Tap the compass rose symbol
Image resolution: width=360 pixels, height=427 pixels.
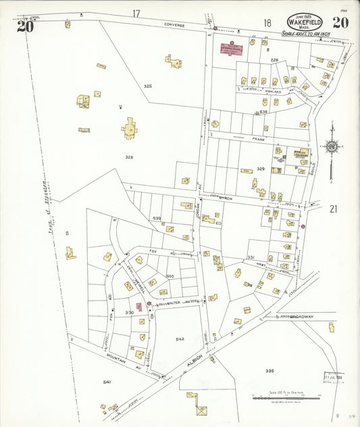[x=331, y=145]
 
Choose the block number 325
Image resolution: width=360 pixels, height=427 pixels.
[x=148, y=86]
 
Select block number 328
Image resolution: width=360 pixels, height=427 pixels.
[x=128, y=157]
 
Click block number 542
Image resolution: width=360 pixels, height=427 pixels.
[x=180, y=338]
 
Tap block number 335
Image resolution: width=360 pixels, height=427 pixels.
[x=269, y=370]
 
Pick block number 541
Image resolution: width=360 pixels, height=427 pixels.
[x=107, y=382]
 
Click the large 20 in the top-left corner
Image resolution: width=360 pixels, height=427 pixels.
[x=25, y=26]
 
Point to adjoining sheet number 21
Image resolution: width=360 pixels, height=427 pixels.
[x=332, y=209]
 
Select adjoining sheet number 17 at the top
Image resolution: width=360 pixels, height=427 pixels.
[x=136, y=13]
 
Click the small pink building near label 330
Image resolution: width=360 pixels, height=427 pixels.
[x=139, y=307]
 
